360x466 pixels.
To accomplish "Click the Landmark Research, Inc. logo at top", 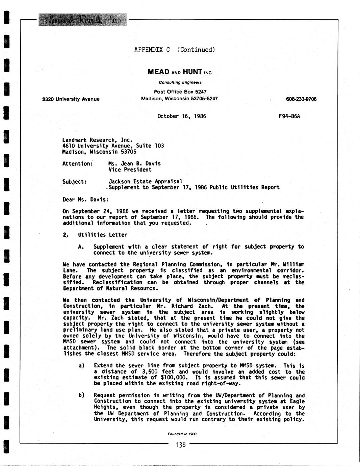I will point(83,20).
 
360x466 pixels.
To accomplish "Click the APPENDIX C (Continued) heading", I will point(174,50).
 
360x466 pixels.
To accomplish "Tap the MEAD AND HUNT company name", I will point(180,72).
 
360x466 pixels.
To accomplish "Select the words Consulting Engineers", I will point(180,82).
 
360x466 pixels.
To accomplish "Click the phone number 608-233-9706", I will point(301,99).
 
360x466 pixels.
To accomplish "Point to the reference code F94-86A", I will point(289,116).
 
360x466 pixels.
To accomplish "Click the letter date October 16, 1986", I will point(182,116).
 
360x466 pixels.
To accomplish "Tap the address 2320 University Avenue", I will point(71,99).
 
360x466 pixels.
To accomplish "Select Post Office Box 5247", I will point(180,92).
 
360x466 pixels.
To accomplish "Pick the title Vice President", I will point(130,170).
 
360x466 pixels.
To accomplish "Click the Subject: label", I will point(75,181).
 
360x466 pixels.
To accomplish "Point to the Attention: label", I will point(78,163).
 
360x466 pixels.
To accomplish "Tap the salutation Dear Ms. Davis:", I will point(86,199).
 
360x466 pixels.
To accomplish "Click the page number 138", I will point(181,445).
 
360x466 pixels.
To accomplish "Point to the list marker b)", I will point(81,395).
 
